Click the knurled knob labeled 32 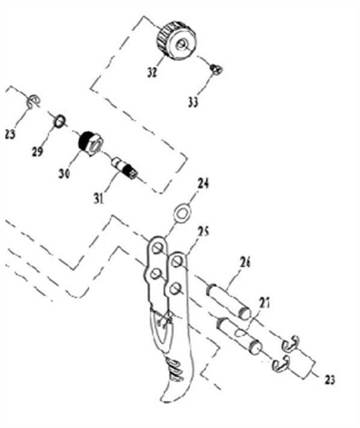point(177,40)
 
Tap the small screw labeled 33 point(217,69)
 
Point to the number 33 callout point(193,102)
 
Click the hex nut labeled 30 point(90,143)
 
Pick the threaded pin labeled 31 point(124,168)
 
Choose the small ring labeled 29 point(59,121)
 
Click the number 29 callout point(37,151)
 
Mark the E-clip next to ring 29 point(34,102)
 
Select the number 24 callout point(203,183)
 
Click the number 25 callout point(203,232)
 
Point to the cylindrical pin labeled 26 point(229,301)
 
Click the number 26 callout point(245,262)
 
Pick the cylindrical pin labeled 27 point(239,334)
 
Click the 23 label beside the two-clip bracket point(329,379)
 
